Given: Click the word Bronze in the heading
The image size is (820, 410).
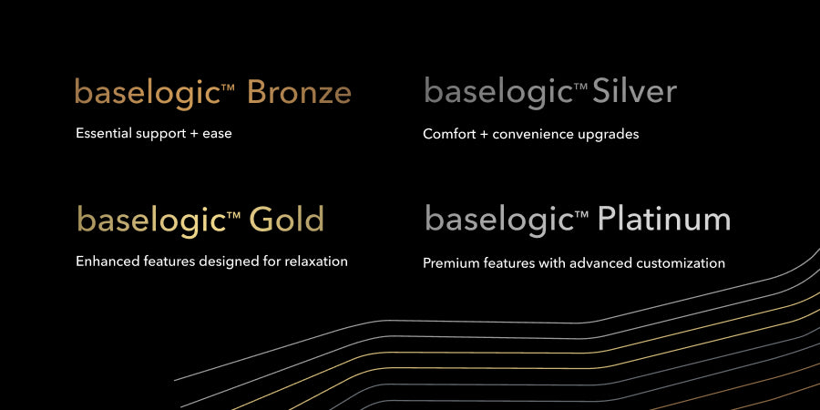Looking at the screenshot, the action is (x=299, y=92).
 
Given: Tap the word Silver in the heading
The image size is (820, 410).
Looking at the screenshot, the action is (x=634, y=91).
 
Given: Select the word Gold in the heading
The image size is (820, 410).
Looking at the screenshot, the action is (x=287, y=219).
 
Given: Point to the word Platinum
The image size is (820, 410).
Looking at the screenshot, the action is (x=663, y=218).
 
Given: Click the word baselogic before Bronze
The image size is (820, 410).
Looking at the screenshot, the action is (x=148, y=94).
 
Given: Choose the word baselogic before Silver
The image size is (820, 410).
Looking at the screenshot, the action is (x=497, y=93).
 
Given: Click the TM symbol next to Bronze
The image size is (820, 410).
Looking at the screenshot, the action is (x=228, y=87).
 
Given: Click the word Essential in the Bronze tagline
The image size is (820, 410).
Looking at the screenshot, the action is (x=104, y=133).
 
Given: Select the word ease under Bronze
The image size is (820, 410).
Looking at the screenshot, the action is (x=217, y=134).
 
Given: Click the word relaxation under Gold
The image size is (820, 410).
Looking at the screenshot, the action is (x=316, y=261).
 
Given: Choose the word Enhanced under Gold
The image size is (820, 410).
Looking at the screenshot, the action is (x=105, y=261).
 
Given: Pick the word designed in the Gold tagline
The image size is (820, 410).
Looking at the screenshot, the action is (x=223, y=261).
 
